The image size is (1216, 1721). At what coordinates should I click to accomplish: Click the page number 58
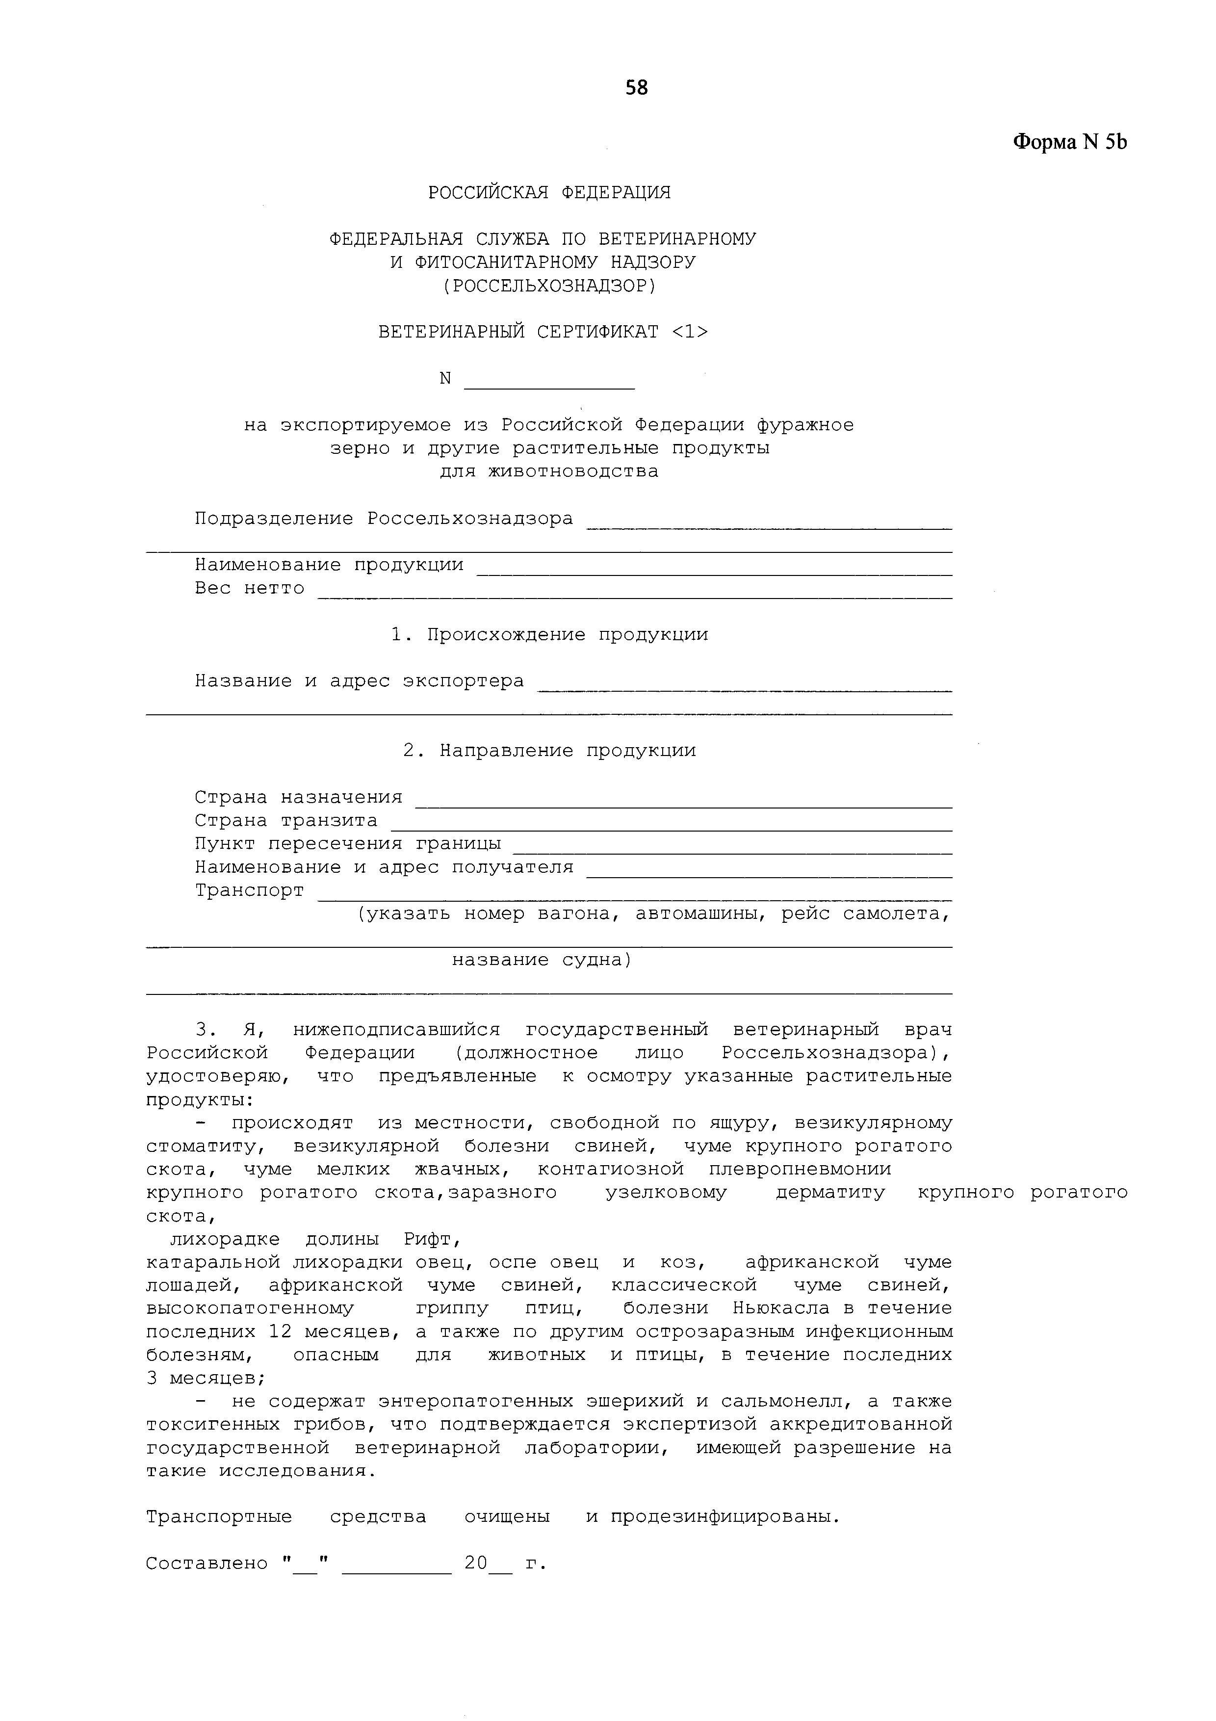point(636,88)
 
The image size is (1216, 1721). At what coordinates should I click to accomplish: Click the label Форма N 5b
point(1069,142)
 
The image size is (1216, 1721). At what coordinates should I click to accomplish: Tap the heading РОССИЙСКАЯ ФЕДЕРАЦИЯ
point(549,193)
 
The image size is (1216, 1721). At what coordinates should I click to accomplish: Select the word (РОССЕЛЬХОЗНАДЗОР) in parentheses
point(549,286)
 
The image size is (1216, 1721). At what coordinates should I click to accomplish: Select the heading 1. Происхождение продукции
point(549,635)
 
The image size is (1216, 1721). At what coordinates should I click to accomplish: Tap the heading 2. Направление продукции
point(549,751)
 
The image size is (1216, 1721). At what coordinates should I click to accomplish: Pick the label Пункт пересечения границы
point(348,843)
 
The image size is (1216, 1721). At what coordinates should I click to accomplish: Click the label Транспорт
point(250,890)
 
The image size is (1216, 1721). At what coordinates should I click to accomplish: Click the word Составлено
point(206,1564)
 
